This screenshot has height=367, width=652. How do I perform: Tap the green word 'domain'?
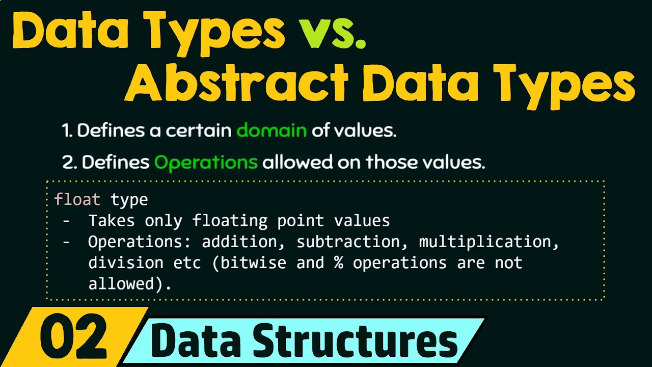(x=271, y=131)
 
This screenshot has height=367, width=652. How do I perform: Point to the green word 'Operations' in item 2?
(x=206, y=163)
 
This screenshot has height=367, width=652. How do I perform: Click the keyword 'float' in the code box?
(x=77, y=199)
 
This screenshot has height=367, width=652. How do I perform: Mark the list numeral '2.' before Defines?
(x=69, y=163)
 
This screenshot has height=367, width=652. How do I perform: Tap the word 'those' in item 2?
(x=390, y=163)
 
